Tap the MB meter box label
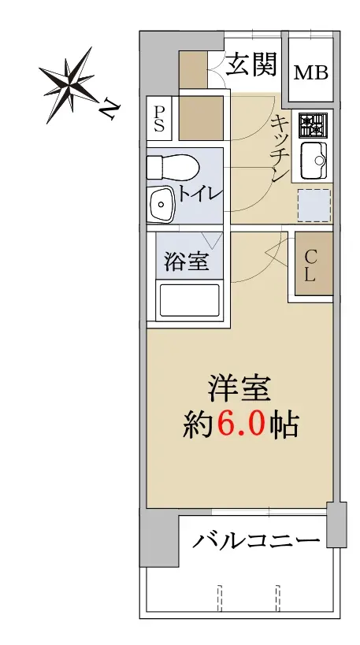[x=310, y=73]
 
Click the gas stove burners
[x=313, y=125]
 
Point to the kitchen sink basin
[x=314, y=161]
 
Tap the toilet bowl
[x=173, y=167]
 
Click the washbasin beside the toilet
[x=161, y=204]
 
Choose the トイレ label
[x=200, y=194]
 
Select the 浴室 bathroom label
[x=187, y=261]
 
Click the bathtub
[x=189, y=300]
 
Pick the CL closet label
[x=310, y=266]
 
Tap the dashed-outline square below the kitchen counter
[x=314, y=205]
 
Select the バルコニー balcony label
[x=256, y=540]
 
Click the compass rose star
[x=70, y=83]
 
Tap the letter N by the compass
[x=109, y=109]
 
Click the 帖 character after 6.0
[x=284, y=424]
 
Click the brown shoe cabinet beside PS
[x=201, y=118]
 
